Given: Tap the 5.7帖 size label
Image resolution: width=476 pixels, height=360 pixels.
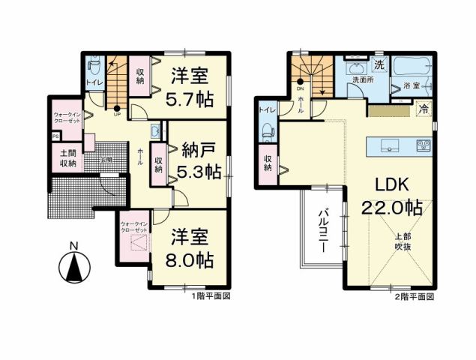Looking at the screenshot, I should point(188,99).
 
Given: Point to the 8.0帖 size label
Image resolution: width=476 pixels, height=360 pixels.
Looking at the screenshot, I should point(190,259).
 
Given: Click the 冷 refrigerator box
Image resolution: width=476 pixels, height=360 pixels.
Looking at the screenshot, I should point(424,109).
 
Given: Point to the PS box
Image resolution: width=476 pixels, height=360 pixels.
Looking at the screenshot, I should point(55,136).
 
